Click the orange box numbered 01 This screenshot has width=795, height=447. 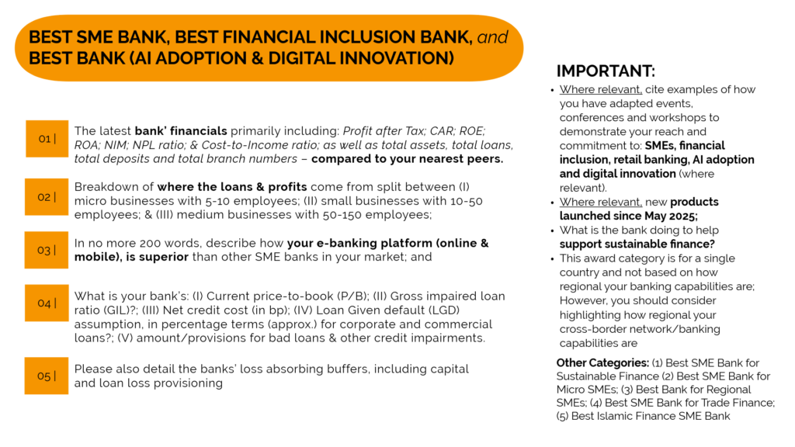[x=47, y=138]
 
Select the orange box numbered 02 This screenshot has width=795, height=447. [x=47, y=196]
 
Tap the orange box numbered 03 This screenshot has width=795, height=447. [x=47, y=250]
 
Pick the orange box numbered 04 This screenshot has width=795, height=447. [x=47, y=303]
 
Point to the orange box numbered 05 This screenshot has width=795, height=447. [x=47, y=376]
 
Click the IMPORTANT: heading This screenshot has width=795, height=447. [x=606, y=71]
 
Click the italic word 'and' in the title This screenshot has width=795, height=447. [x=492, y=37]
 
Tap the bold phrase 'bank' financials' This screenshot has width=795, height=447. [x=181, y=130]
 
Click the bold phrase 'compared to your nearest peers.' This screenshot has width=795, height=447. [x=407, y=158]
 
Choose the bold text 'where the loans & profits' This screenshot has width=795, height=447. [x=231, y=187]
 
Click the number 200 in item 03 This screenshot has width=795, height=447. [x=151, y=243]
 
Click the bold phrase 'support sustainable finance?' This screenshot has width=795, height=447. [x=637, y=244]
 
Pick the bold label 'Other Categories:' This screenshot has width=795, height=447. [x=602, y=363]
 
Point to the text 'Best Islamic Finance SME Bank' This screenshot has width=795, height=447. [x=651, y=416]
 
